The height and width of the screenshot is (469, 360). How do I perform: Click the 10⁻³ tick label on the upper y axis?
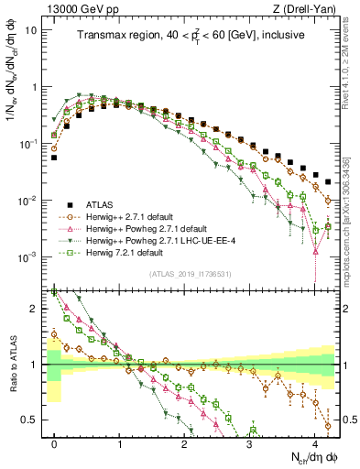28,257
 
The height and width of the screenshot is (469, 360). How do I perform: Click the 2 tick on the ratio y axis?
35,309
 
